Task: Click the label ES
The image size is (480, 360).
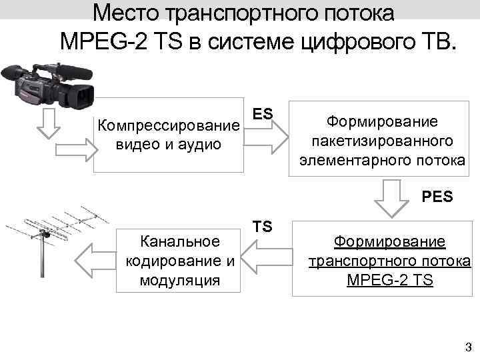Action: pyautogui.click(x=263, y=114)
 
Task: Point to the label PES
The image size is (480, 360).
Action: pyautogui.click(x=437, y=197)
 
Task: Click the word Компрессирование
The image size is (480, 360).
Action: pyautogui.click(x=168, y=125)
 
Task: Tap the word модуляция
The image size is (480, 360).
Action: pyautogui.click(x=179, y=279)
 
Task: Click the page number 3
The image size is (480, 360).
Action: pyautogui.click(x=467, y=346)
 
